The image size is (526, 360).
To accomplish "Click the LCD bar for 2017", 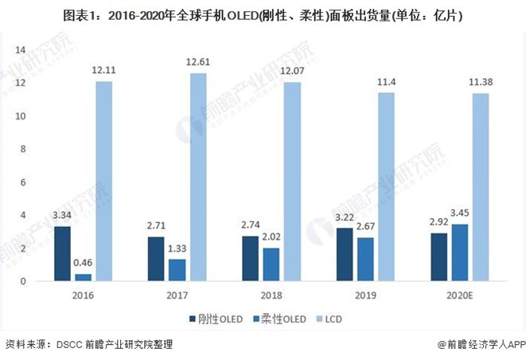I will [x=198, y=177].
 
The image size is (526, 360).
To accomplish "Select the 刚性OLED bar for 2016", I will [x=63, y=253].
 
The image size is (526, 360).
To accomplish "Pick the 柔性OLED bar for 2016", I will [x=83, y=277].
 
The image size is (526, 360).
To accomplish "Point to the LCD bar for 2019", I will [x=386, y=186].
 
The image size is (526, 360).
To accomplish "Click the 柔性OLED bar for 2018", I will [x=271, y=264].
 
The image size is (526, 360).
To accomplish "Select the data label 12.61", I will [x=198, y=62].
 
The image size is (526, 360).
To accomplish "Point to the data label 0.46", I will [x=83, y=264].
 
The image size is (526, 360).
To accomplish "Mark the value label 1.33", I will [x=177, y=249].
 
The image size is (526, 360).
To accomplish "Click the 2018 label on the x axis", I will [x=262, y=294].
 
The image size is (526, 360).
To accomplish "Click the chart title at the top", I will [x=263, y=15].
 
